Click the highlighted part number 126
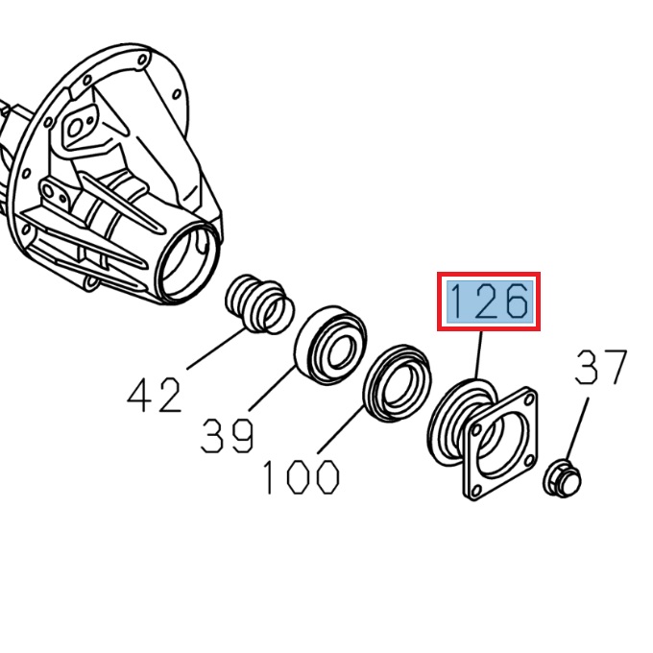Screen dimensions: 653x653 pos(489,302)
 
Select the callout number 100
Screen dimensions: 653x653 pos(301,477)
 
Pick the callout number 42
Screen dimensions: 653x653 pos(155,394)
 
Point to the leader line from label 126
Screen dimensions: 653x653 pos(477,355)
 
